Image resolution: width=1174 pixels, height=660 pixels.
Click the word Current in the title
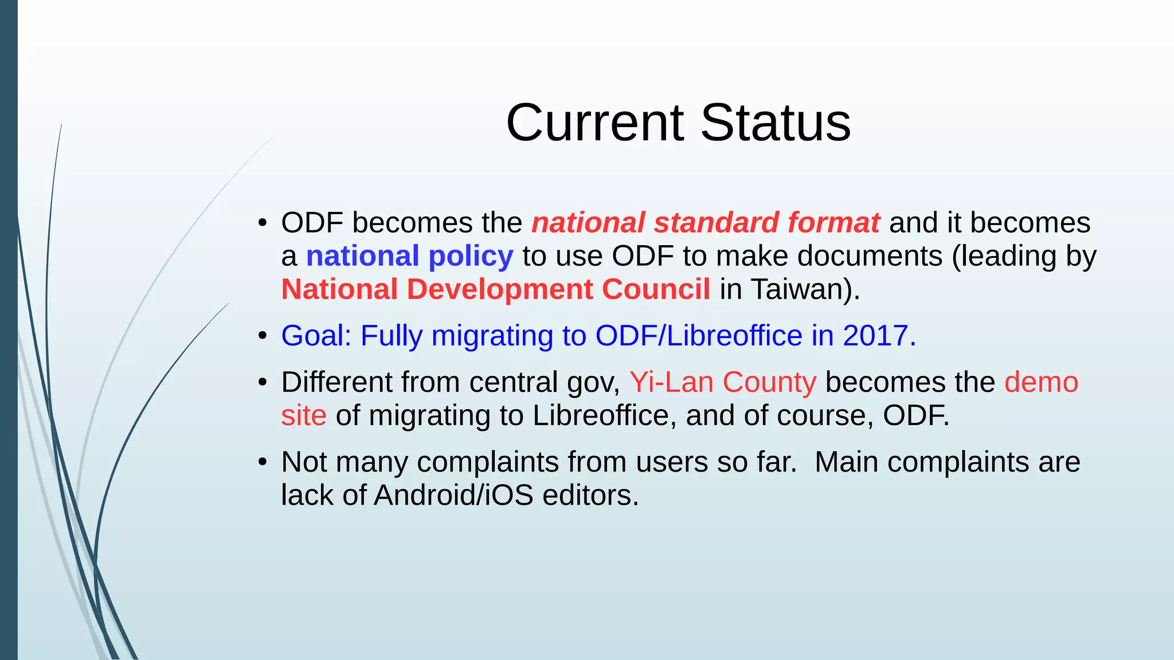(594, 123)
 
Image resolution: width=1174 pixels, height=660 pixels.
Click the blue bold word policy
(471, 256)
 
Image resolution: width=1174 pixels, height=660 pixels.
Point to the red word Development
(499, 289)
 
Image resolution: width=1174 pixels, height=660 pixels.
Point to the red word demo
(1041, 382)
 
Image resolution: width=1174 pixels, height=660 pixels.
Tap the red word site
(304, 415)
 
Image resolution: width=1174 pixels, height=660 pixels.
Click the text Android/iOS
(453, 495)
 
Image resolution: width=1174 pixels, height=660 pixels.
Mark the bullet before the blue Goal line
(263, 336)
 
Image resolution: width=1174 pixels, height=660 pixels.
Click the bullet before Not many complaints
(263, 462)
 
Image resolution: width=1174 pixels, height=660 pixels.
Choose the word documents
(870, 256)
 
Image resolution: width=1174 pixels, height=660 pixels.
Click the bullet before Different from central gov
(263, 383)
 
